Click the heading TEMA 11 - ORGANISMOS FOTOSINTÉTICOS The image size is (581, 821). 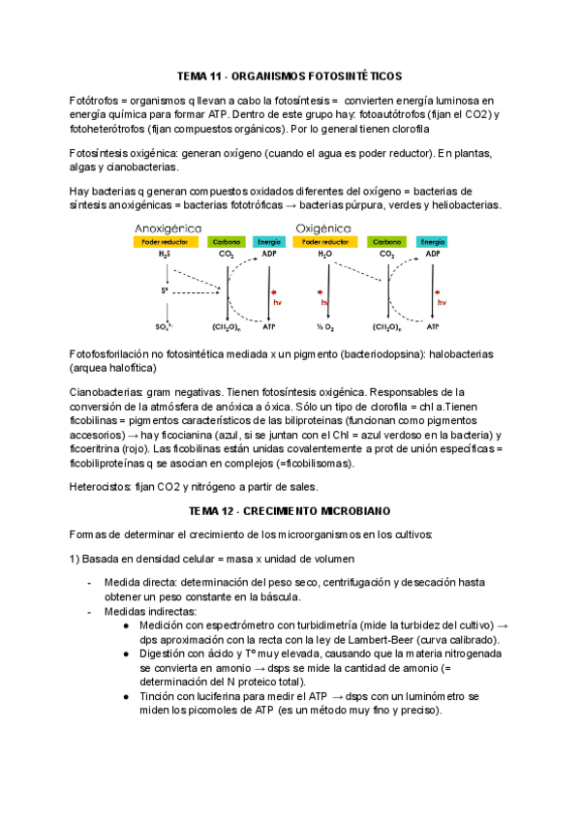290,76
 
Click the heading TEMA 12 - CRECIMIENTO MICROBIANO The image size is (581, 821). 290,510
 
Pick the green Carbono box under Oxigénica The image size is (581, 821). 387,241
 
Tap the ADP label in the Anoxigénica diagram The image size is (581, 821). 268,255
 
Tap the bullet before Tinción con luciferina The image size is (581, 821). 129,696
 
